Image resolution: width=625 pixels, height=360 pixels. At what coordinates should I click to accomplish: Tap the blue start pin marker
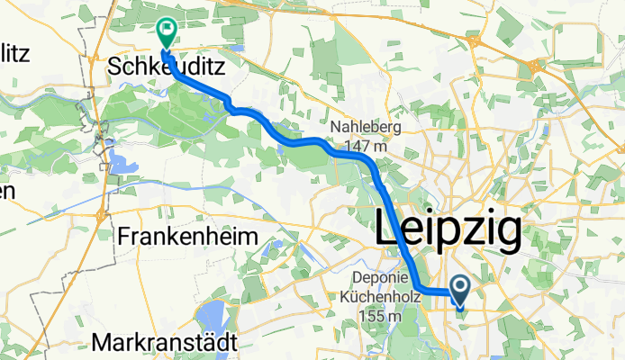[x=460, y=290]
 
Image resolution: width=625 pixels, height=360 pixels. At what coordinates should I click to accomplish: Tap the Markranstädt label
[x=165, y=342]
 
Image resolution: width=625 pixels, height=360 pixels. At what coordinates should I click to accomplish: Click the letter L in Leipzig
[x=388, y=230]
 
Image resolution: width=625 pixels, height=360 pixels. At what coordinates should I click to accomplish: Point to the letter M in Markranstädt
[x=101, y=342]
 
